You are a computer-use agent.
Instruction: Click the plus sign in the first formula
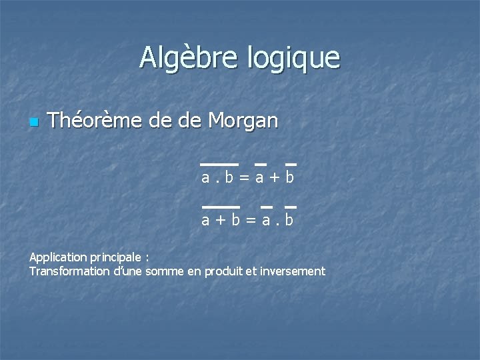pos(272,178)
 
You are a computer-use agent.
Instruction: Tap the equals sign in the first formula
pos(244,178)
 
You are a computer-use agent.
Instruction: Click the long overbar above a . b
pos(219,163)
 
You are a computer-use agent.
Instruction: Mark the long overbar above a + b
pos(220,207)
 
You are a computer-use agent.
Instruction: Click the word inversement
pos(292,271)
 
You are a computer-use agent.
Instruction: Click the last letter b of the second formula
pos(289,219)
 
